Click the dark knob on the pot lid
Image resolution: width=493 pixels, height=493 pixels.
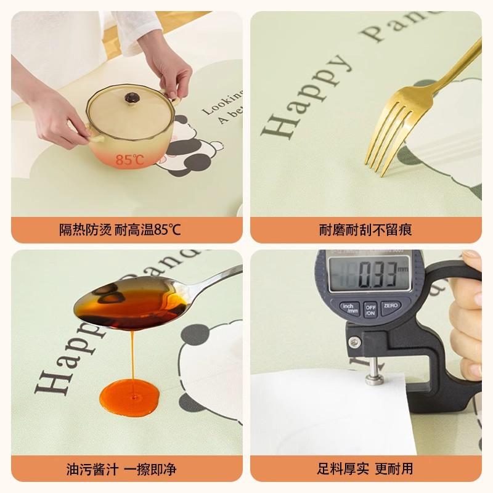[131, 97]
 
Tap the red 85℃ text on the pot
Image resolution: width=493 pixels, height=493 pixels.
[129, 160]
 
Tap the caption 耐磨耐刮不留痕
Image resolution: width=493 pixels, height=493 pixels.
[365, 230]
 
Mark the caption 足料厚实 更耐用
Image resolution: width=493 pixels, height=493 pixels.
[365, 469]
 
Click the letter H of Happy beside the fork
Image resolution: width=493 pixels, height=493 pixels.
[275, 128]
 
